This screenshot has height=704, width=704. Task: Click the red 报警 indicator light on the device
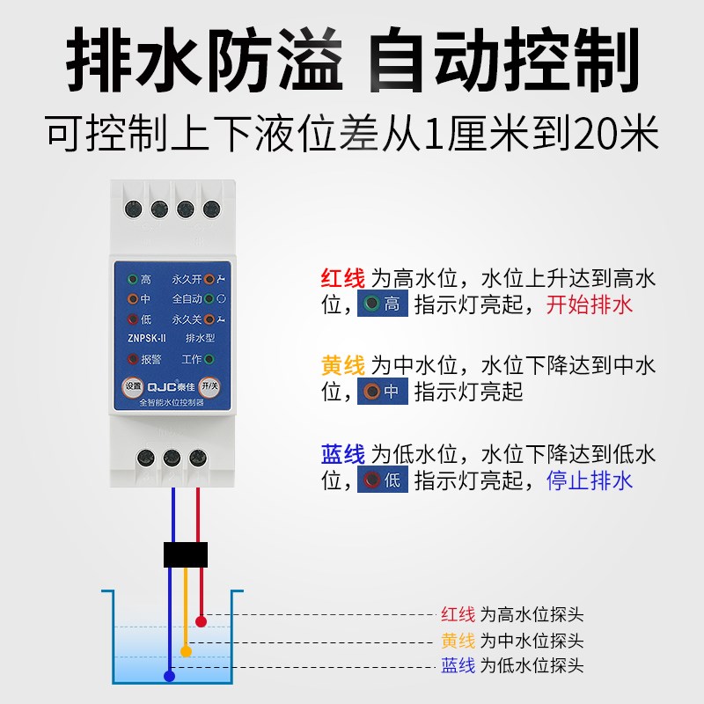tap(133, 359)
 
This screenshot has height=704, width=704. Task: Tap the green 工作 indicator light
tap(209, 359)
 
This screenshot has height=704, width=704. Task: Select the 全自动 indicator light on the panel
tap(209, 299)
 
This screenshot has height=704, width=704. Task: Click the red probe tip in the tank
tap(202, 621)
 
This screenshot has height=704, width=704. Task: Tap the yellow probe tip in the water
tap(186, 651)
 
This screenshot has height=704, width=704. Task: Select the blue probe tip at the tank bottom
tap(170, 676)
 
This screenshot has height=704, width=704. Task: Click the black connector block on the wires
tap(186, 554)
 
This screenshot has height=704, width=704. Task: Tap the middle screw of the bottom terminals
tap(172, 458)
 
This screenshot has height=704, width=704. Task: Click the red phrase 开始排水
tap(590, 305)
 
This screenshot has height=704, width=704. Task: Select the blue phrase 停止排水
tap(590, 480)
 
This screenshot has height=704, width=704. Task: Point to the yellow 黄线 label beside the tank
tap(458, 641)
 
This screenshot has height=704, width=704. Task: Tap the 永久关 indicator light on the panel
tap(209, 319)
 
